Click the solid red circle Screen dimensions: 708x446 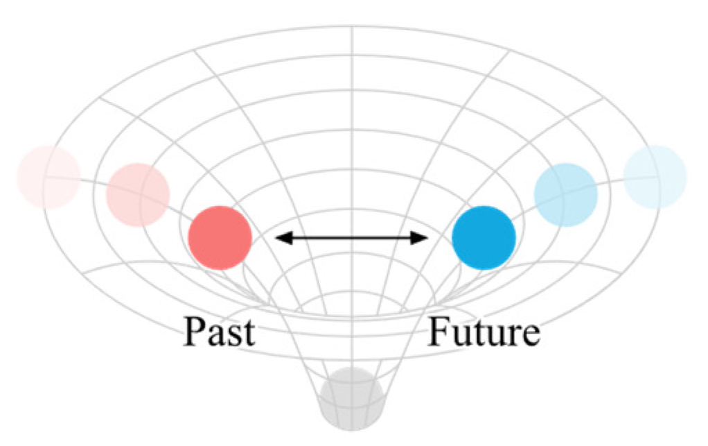(220, 238)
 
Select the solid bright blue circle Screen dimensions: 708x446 (484, 238)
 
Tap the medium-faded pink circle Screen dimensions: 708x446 (138, 195)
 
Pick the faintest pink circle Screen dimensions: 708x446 (48, 177)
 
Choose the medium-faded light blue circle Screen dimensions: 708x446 (566, 195)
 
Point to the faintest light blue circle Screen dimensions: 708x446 (655, 177)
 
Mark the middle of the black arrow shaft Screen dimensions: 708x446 (352, 238)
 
